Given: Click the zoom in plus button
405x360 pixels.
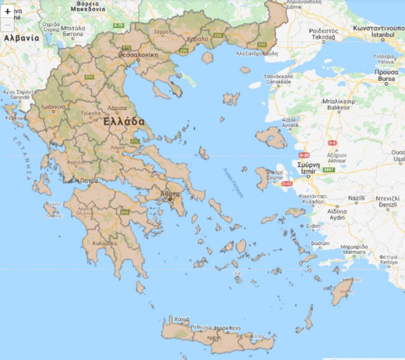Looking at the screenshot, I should pyautogui.click(x=7, y=11).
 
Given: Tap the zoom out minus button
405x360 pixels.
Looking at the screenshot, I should pyautogui.click(x=7, y=24).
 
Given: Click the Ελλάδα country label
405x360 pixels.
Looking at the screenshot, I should pyautogui.click(x=124, y=122).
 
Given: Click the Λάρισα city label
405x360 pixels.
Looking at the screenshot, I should pyautogui.click(x=117, y=108).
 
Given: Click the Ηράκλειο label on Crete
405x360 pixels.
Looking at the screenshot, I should pyautogui.click(x=224, y=328).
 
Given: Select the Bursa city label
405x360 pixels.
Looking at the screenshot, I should pyautogui.click(x=386, y=79).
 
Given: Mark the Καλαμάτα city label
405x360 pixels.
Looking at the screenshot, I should pyautogui.click(x=104, y=244).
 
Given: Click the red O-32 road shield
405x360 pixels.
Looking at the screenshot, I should pyautogui.click(x=286, y=183).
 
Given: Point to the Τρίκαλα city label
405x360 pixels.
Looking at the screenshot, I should pyautogui.click(x=91, y=113).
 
